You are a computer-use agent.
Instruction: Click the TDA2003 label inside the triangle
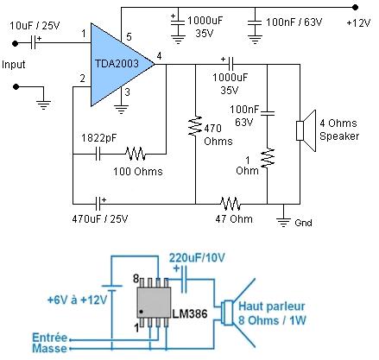coord(117,63)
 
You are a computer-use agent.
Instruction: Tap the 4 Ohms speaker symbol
coord(306,130)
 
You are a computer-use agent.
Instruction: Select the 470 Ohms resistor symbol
coord(195,126)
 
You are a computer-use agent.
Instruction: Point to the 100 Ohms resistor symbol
coord(136,154)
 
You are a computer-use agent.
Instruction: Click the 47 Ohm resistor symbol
coord(231,204)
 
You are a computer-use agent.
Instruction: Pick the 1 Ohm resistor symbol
coord(268,158)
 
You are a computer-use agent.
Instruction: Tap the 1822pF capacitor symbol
coord(98,154)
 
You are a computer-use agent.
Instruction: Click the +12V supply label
coord(358,23)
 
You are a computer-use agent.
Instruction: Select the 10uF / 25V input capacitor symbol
coord(34,43)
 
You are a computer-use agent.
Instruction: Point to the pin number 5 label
coord(129,37)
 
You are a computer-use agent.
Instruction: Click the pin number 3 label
coord(127,92)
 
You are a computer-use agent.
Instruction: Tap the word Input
coord(13,65)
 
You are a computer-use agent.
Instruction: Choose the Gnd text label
coord(303,223)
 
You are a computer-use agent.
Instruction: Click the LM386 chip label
coord(190,313)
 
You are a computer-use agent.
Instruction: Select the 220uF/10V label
coord(197,258)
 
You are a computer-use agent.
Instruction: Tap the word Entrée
coord(50,338)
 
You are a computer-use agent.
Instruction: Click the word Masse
coord(49,349)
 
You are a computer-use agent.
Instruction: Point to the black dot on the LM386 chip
coord(141,312)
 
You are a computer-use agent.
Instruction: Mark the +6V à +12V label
coord(77,300)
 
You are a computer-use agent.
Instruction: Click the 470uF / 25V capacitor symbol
coord(98,204)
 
